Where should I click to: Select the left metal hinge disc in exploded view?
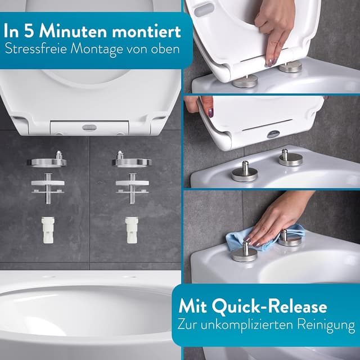tap(46, 161)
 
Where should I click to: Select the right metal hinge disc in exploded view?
tap(131, 161)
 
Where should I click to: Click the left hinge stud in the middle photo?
tap(245, 171)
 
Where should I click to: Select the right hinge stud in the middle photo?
tap(290, 157)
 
